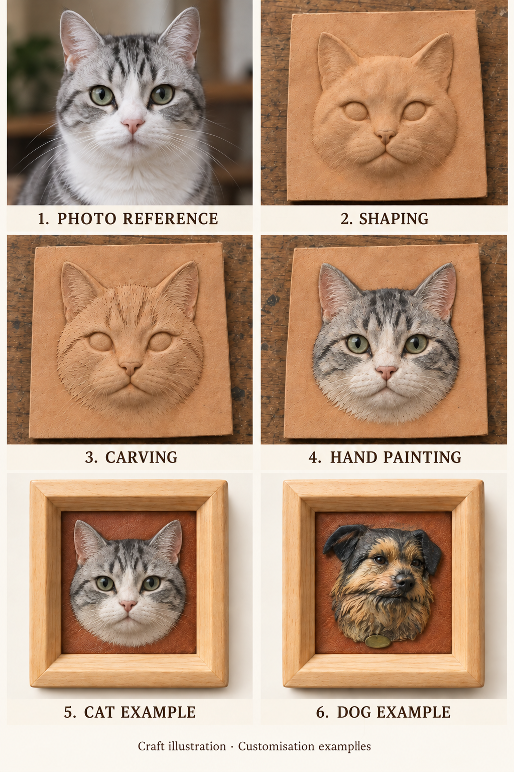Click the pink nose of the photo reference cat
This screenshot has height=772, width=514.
[x=133, y=126]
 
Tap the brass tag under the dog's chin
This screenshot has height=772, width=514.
[x=377, y=641]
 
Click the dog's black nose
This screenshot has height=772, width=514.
[x=404, y=580]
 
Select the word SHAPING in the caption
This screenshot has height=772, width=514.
[x=394, y=219]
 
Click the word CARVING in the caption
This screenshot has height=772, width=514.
[x=141, y=457]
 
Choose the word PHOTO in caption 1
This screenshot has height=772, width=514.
[x=87, y=219]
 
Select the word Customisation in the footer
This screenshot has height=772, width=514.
[x=276, y=746]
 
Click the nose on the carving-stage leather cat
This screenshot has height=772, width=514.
[x=130, y=368]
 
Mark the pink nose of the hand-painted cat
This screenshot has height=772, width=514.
[x=386, y=372]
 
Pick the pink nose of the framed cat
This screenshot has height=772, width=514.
[x=127, y=606]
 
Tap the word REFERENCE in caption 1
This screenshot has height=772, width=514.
[x=171, y=219]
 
